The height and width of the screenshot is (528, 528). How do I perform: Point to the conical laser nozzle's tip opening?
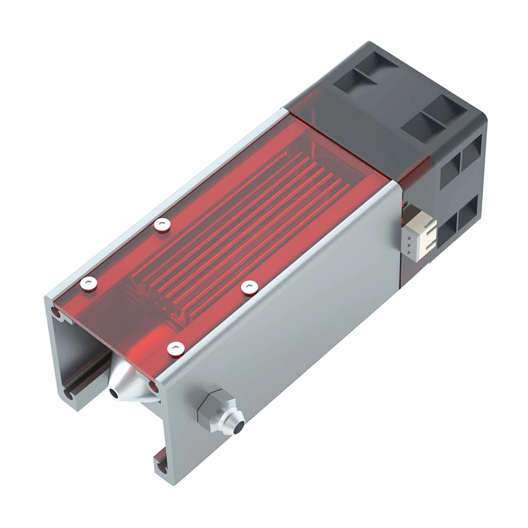click(114, 393)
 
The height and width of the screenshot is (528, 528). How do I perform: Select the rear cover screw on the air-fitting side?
click(247, 286)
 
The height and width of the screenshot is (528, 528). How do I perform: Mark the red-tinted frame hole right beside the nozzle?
click(154, 387)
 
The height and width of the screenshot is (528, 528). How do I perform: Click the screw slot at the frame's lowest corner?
click(159, 465)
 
